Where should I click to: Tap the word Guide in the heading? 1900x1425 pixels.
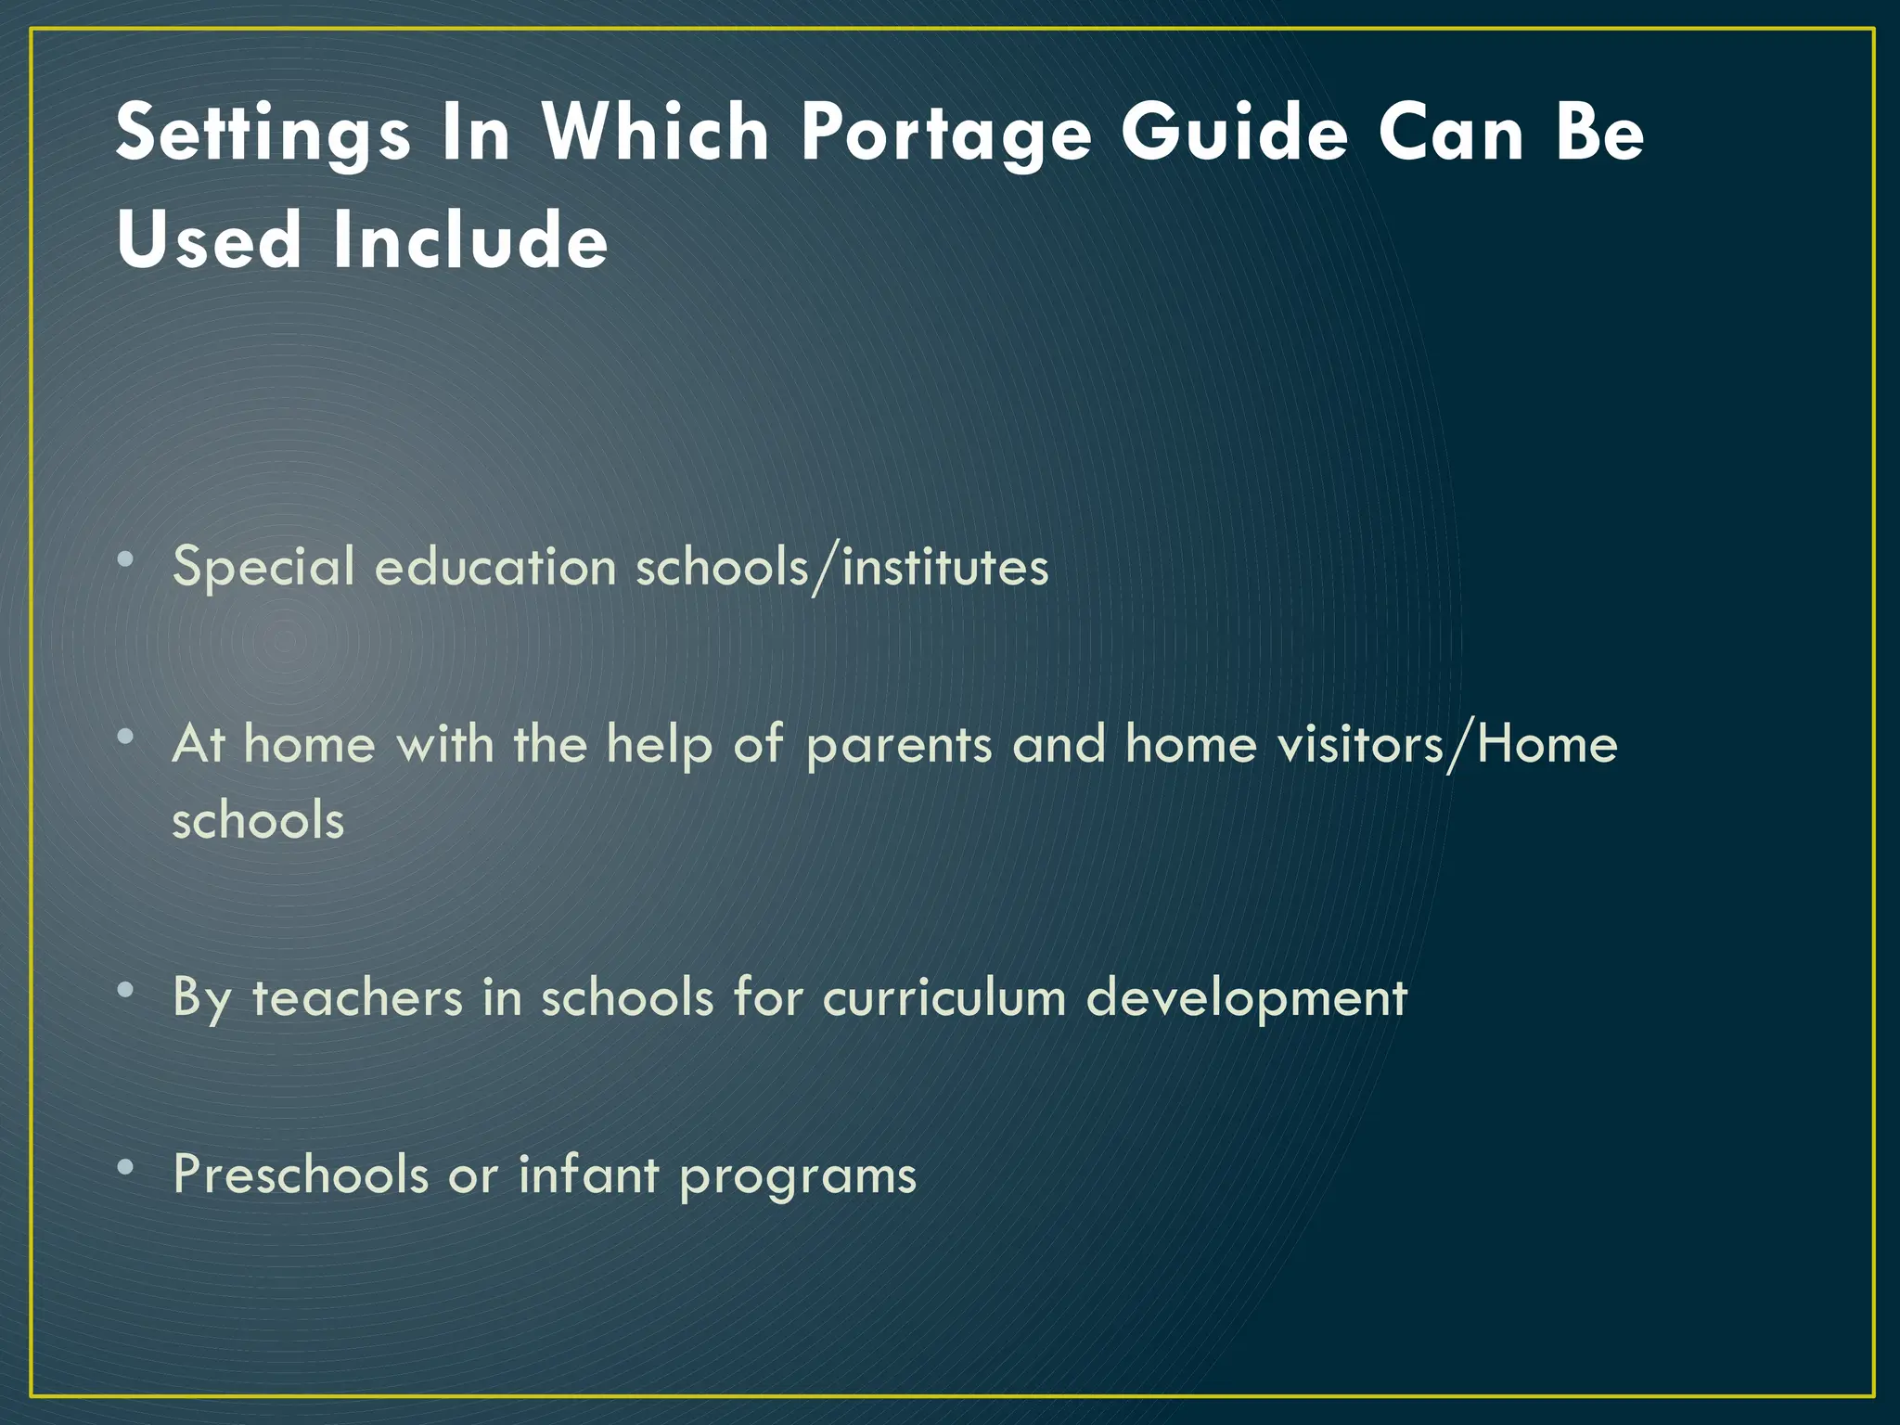(x=1234, y=133)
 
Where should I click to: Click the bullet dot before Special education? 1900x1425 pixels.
(x=126, y=559)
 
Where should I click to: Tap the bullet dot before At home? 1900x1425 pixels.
(x=126, y=738)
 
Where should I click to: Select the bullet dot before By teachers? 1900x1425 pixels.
(x=126, y=990)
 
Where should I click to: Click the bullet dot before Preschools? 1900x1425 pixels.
(x=126, y=1167)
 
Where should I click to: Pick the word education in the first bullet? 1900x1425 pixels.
(x=495, y=566)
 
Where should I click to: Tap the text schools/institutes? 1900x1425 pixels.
(x=841, y=566)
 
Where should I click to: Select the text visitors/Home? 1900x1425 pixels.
(x=1446, y=744)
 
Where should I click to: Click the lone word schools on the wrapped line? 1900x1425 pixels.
(x=258, y=820)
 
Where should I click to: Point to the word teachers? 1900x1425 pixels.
(x=357, y=998)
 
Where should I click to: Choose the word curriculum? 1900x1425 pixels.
(x=944, y=998)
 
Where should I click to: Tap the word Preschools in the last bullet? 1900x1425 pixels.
(x=301, y=1175)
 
